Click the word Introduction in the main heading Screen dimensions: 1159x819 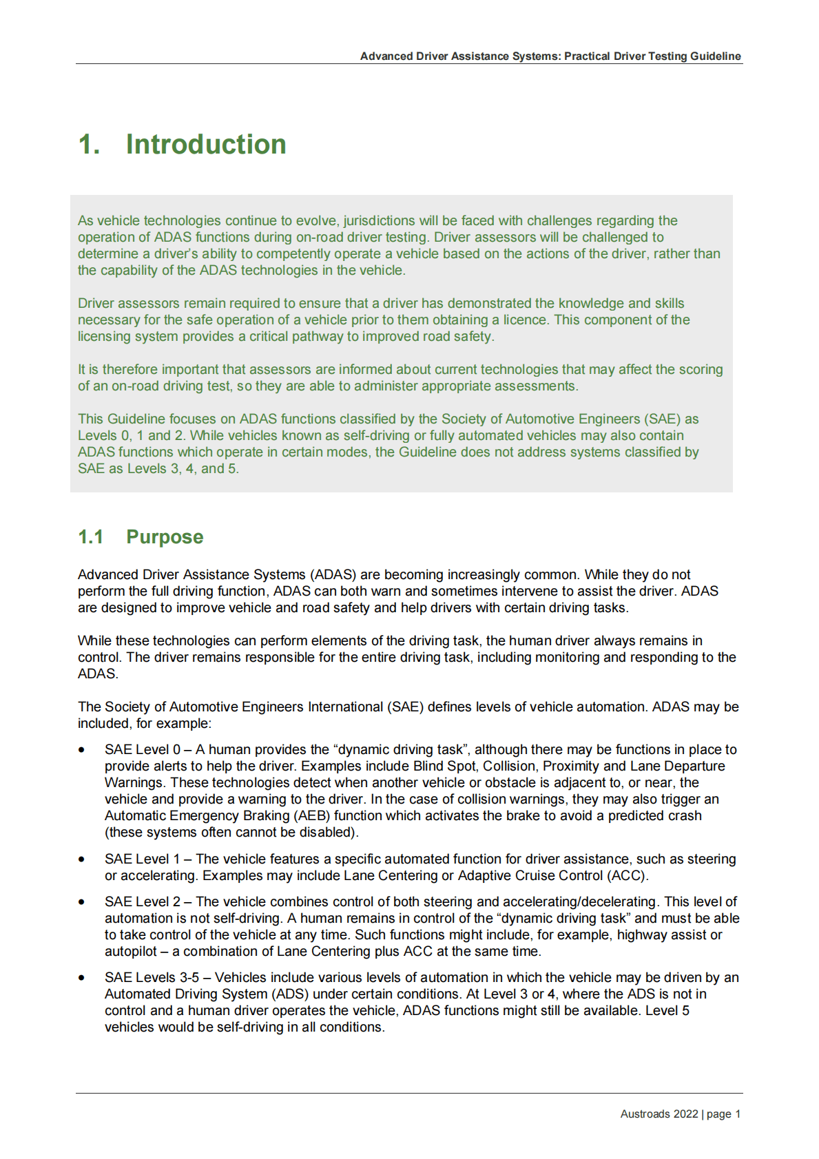(205, 145)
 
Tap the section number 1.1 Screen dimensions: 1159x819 (91, 537)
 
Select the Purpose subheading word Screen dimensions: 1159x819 (165, 537)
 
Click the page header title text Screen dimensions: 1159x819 (550, 56)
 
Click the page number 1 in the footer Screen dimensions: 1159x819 (738, 1114)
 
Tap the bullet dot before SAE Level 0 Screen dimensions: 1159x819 (82, 750)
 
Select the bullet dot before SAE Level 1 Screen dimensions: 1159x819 (82, 859)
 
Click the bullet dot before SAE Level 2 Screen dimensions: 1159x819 (82, 902)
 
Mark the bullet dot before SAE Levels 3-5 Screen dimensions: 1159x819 (82, 978)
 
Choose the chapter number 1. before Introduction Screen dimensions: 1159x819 (90, 145)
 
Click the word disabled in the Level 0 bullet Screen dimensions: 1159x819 (326, 833)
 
